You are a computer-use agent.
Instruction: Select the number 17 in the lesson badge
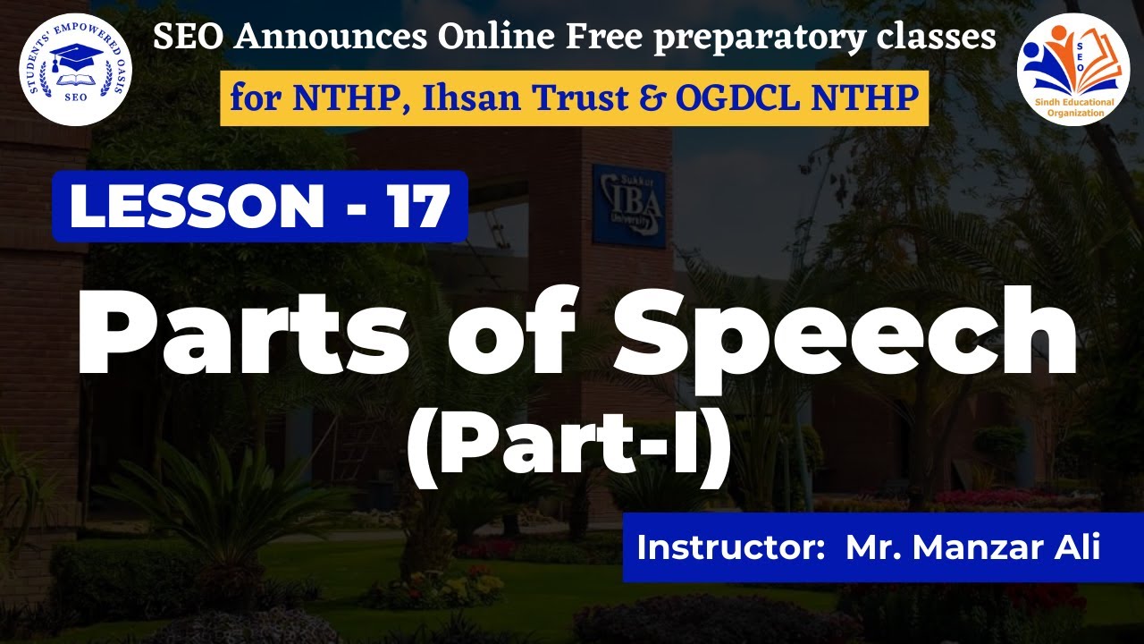(x=417, y=207)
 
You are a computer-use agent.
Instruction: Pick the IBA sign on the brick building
(x=629, y=205)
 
